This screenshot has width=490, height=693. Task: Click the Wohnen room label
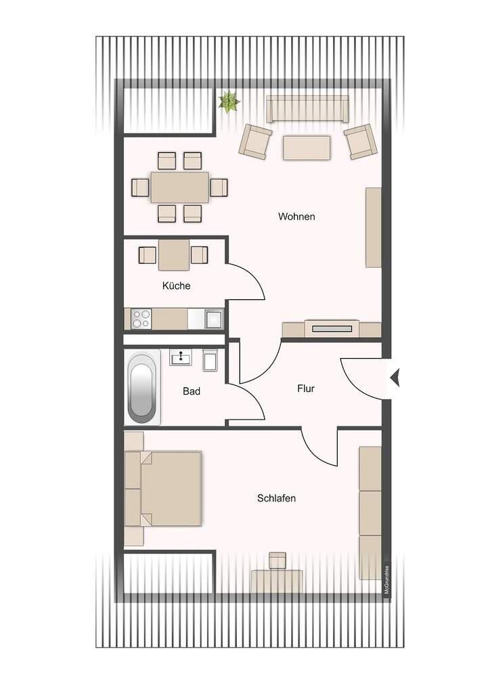click(x=296, y=217)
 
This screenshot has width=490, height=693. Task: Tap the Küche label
click(x=176, y=286)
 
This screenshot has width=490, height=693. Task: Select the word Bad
click(x=192, y=391)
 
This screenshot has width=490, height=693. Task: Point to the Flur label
click(x=306, y=388)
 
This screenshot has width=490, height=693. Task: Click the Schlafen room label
click(x=277, y=498)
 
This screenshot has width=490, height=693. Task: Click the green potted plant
click(x=229, y=102)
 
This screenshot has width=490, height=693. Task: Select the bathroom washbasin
click(x=181, y=357)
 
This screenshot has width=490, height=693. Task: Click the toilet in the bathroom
click(x=210, y=360)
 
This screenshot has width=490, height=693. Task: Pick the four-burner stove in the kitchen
click(x=141, y=319)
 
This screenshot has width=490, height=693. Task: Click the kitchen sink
click(x=215, y=319)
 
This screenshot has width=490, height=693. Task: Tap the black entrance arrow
click(x=395, y=377)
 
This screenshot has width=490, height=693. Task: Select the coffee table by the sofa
click(x=307, y=148)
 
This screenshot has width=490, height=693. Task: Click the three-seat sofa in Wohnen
click(x=307, y=109)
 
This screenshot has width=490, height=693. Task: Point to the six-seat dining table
click(x=179, y=187)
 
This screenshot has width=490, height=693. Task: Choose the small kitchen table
click(x=174, y=254)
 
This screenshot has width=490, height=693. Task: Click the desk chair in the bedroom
click(x=277, y=560)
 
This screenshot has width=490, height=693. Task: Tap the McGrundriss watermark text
click(x=387, y=581)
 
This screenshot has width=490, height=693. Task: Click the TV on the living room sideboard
click(x=332, y=329)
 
